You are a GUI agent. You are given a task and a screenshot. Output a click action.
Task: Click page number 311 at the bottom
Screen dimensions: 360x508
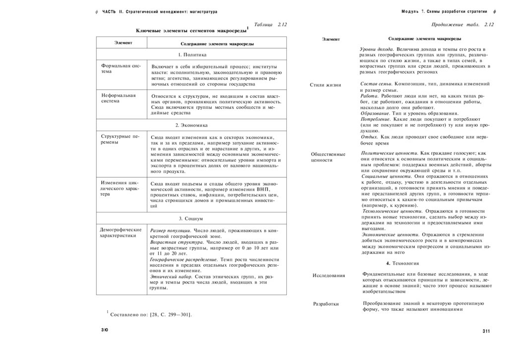tap(486, 331)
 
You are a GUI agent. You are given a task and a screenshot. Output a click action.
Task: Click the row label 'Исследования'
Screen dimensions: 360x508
tap(328, 275)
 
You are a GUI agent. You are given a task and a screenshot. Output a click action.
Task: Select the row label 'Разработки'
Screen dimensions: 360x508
tap(326, 303)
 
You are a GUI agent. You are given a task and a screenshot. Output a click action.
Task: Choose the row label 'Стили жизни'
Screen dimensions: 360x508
tap(325, 85)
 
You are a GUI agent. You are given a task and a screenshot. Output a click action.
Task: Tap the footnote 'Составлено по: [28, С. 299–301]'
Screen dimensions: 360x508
tap(151, 314)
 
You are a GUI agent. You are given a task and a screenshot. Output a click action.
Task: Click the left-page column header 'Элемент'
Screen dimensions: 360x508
tap(123, 43)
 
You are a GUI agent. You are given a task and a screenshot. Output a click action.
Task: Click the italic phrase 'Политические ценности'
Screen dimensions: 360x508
tap(389, 154)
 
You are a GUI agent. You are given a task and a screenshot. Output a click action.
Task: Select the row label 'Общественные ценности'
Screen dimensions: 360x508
tap(327, 157)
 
